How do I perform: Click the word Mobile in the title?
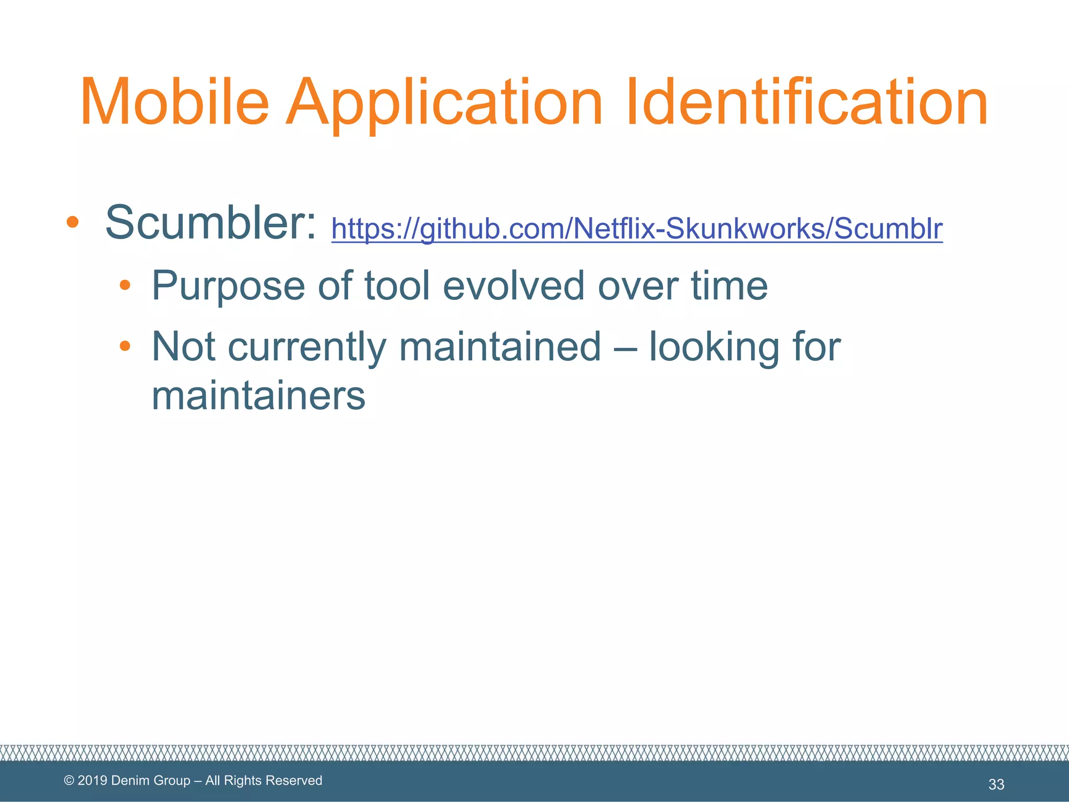point(175,102)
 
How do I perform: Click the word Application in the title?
point(444,102)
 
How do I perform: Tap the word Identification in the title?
point(806,102)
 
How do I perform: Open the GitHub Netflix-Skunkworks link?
point(637,229)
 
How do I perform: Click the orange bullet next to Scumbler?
point(73,222)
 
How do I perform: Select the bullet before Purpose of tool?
point(124,285)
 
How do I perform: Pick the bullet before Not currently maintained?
point(124,346)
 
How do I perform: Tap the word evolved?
point(514,286)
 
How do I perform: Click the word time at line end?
point(729,286)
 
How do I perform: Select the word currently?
point(307,347)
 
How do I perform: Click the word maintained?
point(500,347)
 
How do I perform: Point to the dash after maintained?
point(625,348)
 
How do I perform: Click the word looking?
point(713,347)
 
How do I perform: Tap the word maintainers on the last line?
point(258,396)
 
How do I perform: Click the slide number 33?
point(996,784)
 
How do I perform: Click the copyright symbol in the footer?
point(69,781)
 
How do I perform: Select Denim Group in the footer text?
point(151,781)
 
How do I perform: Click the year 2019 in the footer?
point(92,781)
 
